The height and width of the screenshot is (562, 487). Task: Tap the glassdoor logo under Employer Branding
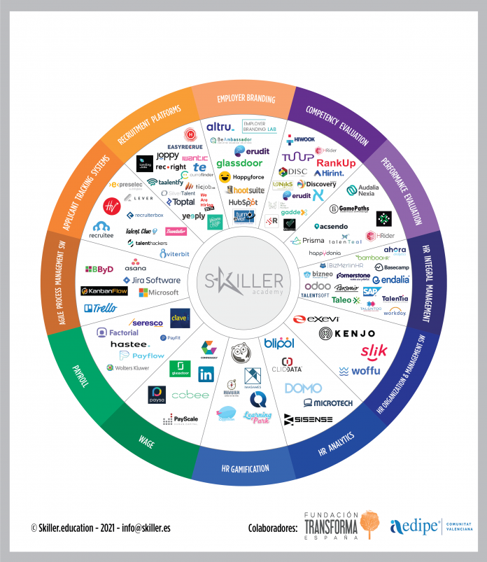(239, 163)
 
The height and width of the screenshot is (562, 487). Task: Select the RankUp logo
(336, 163)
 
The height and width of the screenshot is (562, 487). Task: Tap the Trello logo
(100, 308)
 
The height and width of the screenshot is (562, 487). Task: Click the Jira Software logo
(150, 280)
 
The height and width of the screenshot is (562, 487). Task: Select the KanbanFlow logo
(104, 291)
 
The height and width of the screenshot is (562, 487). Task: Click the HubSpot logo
(242, 202)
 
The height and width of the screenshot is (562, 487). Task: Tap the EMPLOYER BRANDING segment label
(246, 99)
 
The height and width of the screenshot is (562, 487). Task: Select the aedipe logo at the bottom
(415, 525)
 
